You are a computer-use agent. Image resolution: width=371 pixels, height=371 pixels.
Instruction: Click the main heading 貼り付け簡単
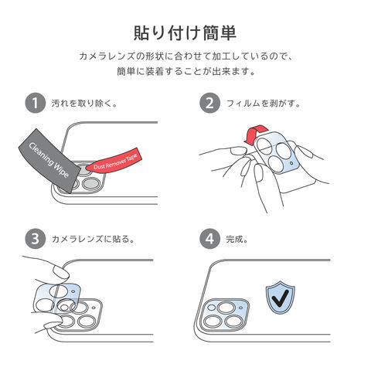185,32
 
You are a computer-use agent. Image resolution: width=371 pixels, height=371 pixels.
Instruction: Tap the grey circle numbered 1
36,103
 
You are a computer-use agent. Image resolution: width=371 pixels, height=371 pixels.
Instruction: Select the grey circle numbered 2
210,103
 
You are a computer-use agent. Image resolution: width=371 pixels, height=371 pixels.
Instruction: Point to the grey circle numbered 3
36,239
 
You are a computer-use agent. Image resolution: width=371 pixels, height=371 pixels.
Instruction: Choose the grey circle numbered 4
210,239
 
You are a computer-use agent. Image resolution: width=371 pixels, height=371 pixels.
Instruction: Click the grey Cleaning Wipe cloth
49,160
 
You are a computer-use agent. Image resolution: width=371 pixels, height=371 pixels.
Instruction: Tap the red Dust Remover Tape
114,161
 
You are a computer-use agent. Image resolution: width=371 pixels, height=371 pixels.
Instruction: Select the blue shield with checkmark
281,297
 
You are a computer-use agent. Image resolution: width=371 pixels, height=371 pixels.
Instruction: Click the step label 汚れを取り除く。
84,104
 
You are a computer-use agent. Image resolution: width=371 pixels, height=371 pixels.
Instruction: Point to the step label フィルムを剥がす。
264,104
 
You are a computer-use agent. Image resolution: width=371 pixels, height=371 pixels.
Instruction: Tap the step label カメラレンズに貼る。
94,240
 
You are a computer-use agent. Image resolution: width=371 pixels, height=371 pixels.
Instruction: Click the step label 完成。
237,240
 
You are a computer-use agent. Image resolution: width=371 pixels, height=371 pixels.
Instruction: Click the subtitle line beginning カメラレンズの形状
185,56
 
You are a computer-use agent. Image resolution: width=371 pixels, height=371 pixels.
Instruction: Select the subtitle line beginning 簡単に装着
186,71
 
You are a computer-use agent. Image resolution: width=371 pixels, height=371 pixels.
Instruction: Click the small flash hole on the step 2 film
291,163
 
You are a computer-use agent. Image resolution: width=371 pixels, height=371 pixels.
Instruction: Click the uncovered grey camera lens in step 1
90,183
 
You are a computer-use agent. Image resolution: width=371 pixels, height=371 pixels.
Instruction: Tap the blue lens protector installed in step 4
225,315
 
